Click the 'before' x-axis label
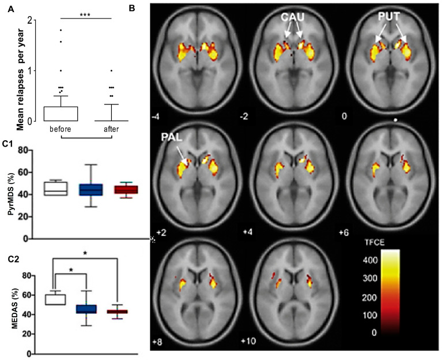(60, 129)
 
